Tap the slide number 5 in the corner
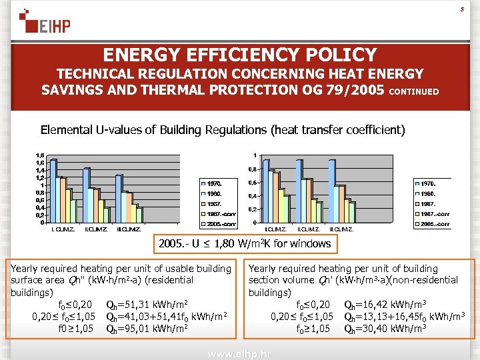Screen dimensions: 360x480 click(462, 9)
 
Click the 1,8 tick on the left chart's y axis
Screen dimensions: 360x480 click(41, 155)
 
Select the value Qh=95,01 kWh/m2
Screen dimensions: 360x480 click(147, 328)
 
